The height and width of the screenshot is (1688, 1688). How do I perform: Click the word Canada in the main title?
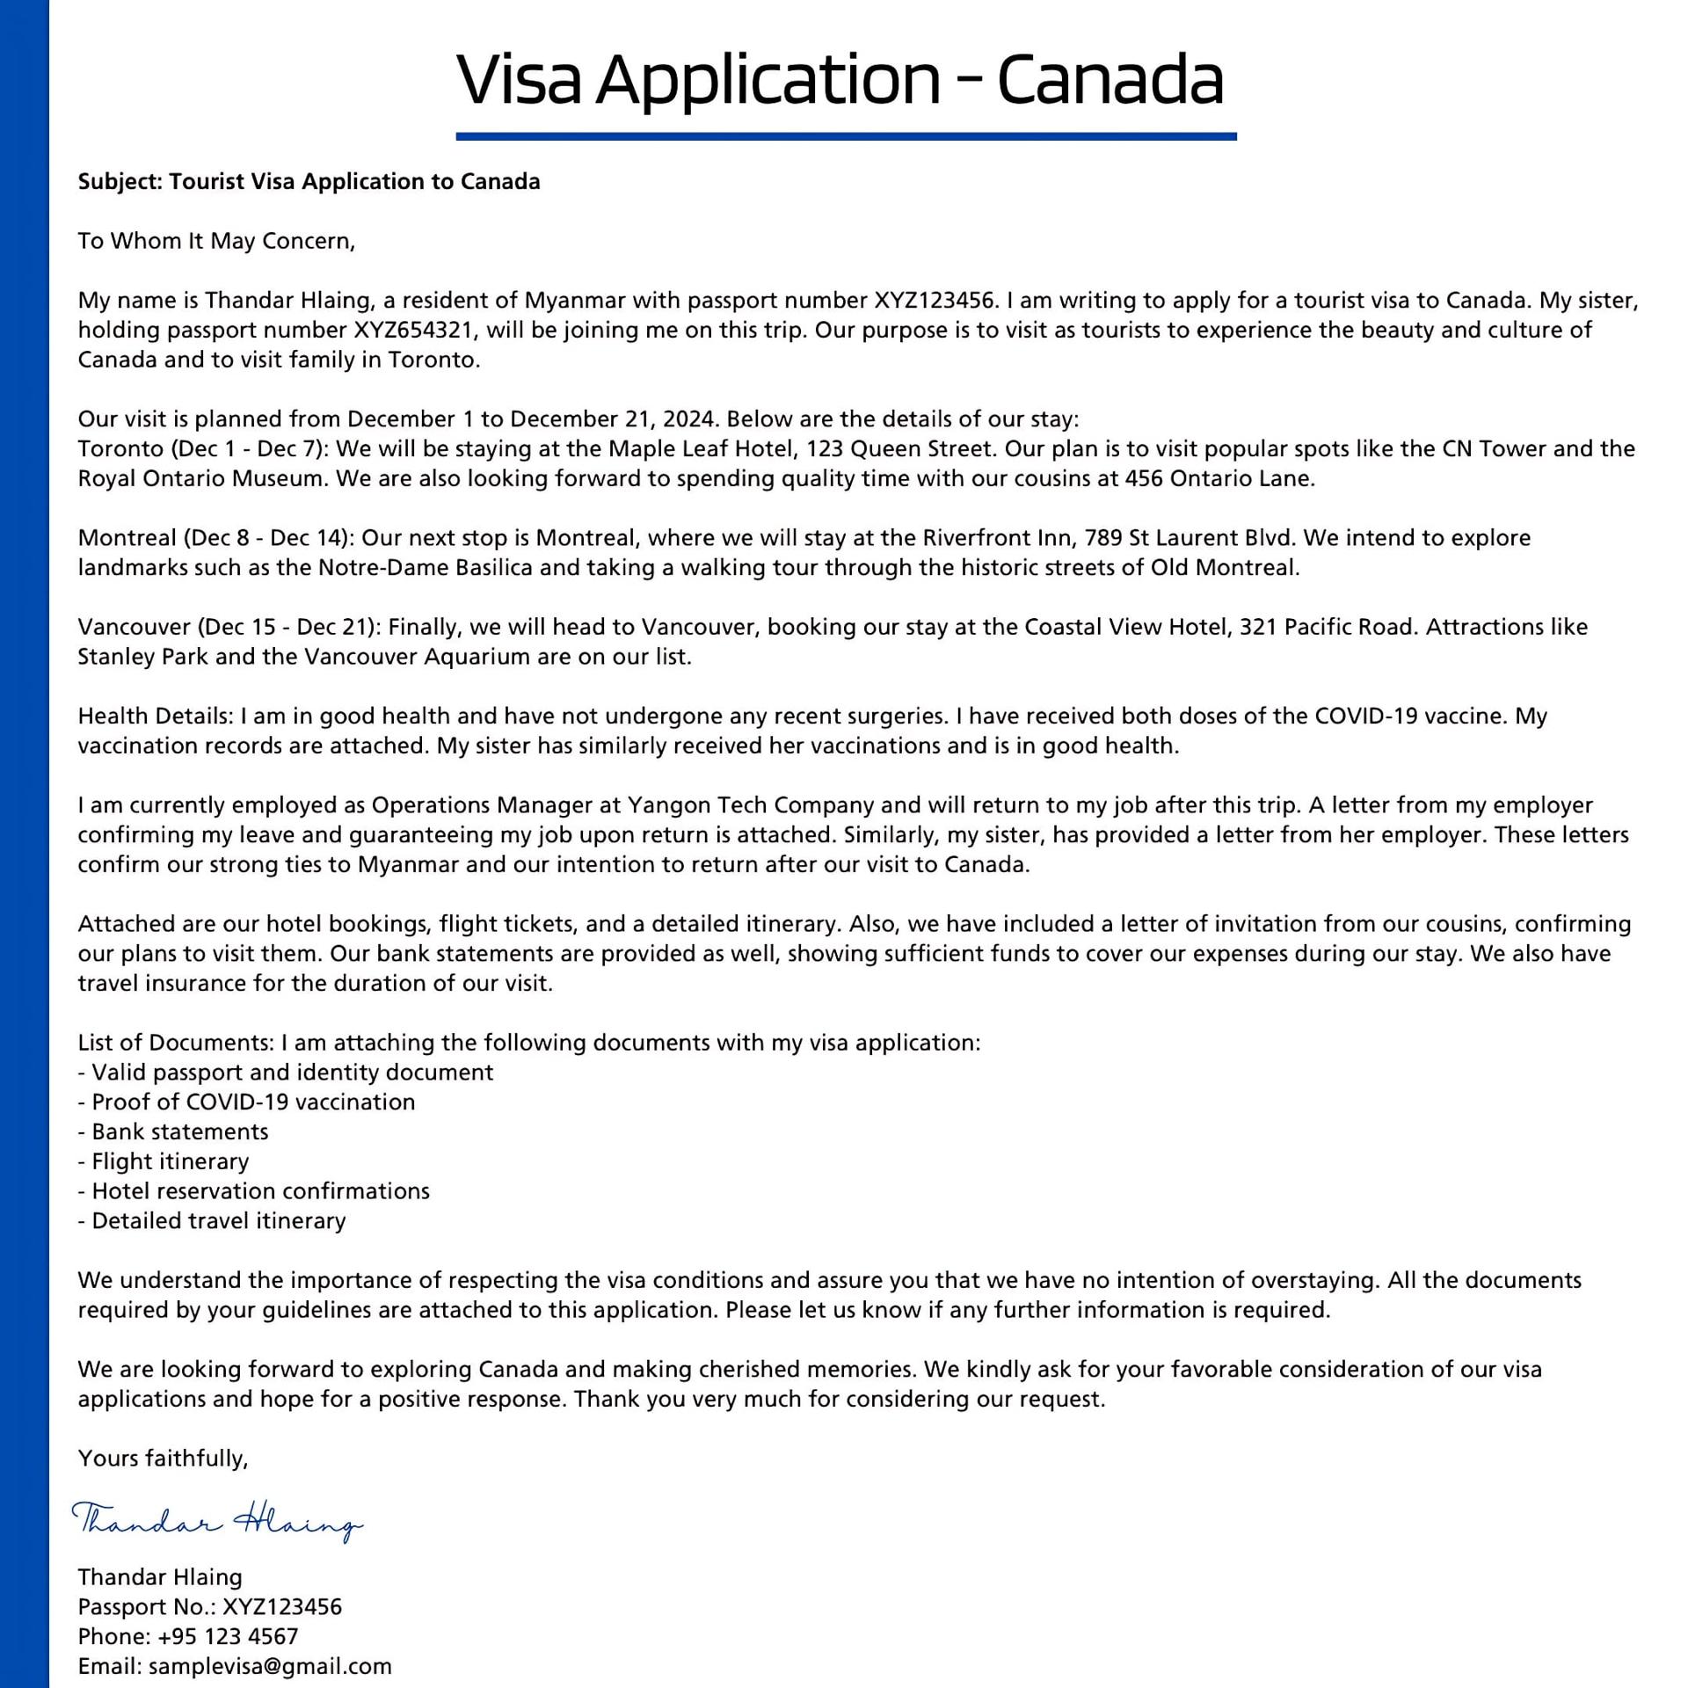click(1110, 79)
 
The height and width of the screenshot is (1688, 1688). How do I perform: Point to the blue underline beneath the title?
click(846, 136)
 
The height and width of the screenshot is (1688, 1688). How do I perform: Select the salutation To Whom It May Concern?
click(216, 241)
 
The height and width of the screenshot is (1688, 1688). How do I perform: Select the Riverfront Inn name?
click(997, 538)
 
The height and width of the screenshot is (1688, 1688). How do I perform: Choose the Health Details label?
click(155, 717)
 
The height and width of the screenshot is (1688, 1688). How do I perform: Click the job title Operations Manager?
click(495, 805)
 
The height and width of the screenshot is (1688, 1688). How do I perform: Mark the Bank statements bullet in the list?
click(179, 1131)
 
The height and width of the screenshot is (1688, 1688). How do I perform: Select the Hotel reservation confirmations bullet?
click(260, 1191)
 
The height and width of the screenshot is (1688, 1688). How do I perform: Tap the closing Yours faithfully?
click(164, 1459)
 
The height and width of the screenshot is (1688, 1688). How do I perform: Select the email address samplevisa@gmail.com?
click(270, 1666)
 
